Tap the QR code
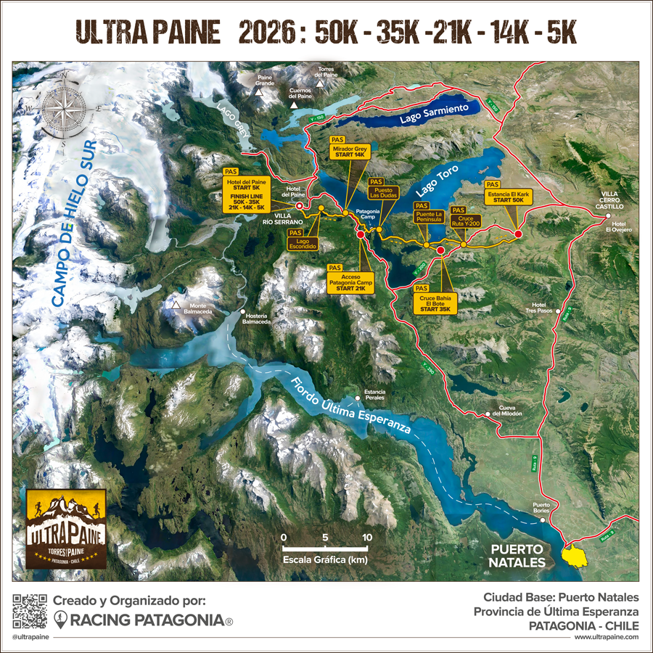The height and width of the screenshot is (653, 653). [x=29, y=611]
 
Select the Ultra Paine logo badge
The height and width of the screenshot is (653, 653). [x=66, y=528]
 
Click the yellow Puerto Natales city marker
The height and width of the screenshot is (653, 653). [x=576, y=555]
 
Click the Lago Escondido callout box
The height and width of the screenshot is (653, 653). [x=303, y=242]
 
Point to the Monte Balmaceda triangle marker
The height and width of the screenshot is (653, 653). [x=176, y=305]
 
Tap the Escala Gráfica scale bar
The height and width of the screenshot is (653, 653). [x=325, y=548]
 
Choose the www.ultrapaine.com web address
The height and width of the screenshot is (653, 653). [x=606, y=637]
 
